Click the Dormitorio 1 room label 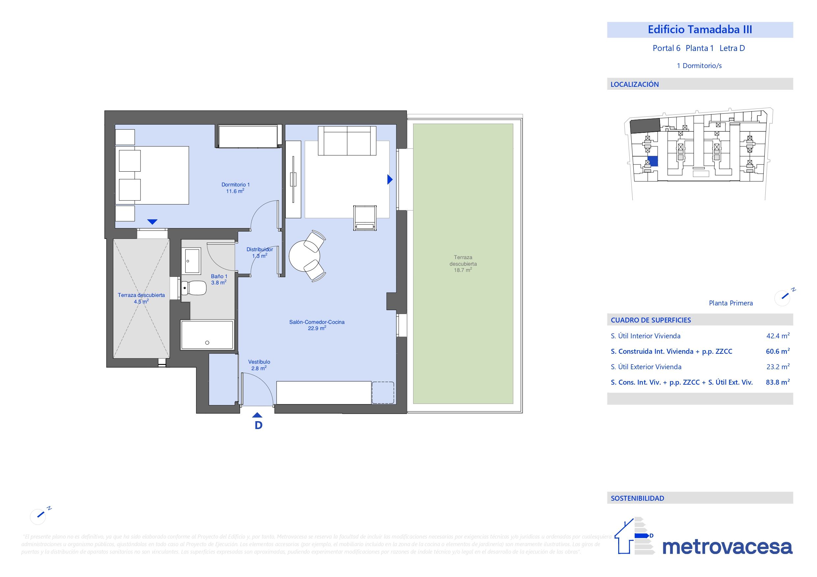(x=235, y=184)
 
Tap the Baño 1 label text (x=219, y=276)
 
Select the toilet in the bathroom (x=194, y=288)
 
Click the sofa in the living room (x=347, y=141)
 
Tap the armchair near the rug (x=365, y=218)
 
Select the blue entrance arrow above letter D (x=257, y=415)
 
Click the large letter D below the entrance (x=258, y=425)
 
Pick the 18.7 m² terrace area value (x=462, y=270)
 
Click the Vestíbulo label (x=259, y=362)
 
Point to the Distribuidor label (x=260, y=250)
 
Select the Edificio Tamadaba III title (x=699, y=30)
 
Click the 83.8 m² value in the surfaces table (x=777, y=382)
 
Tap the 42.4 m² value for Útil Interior (x=777, y=336)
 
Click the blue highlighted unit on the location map (x=653, y=161)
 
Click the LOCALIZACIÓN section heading (x=634, y=84)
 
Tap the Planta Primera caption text (x=730, y=303)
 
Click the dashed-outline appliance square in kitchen (x=383, y=393)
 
